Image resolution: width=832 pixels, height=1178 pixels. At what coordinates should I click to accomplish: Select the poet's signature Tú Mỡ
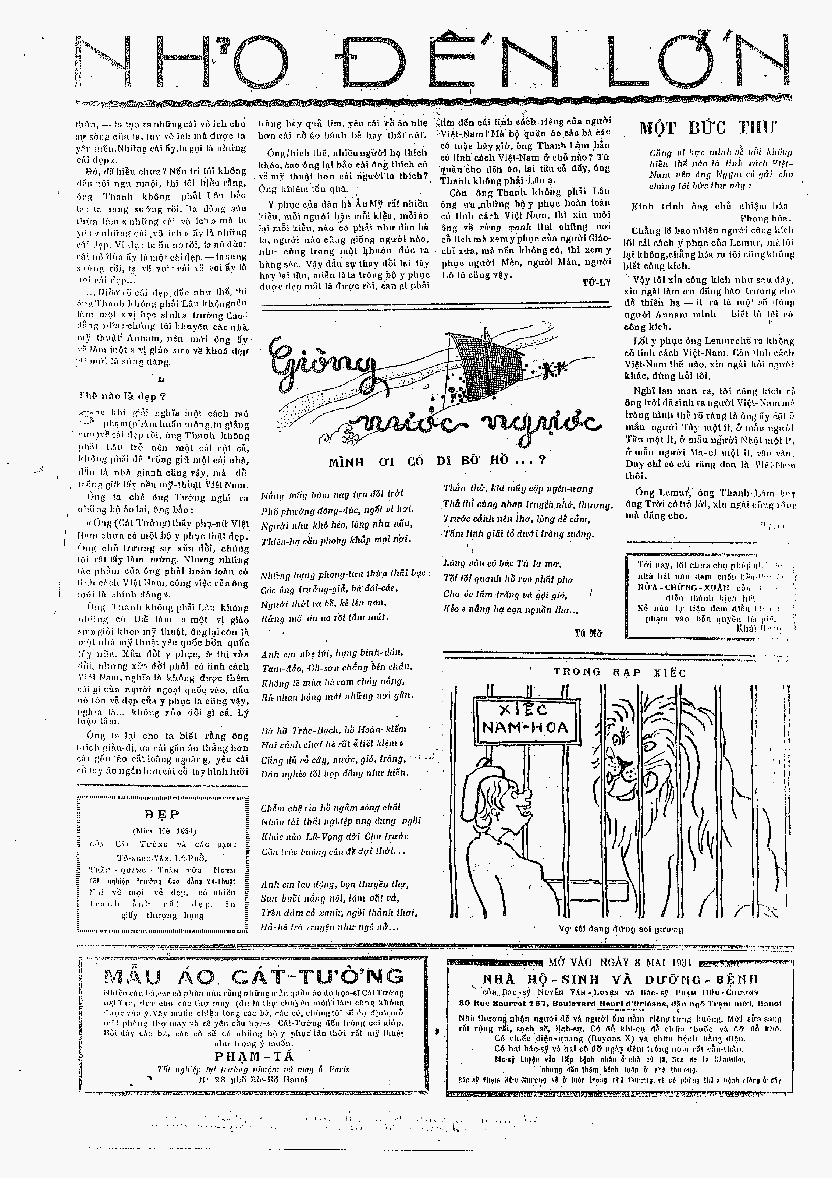coord(588,633)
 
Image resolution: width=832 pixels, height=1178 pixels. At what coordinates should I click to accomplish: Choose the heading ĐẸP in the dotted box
coord(162,814)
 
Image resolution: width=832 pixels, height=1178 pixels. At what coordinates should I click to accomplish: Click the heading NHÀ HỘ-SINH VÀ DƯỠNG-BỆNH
coord(620,979)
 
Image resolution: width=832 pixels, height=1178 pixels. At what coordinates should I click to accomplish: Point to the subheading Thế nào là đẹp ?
coord(122,396)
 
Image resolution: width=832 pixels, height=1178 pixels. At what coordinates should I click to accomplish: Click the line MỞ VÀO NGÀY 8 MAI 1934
coord(620,963)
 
